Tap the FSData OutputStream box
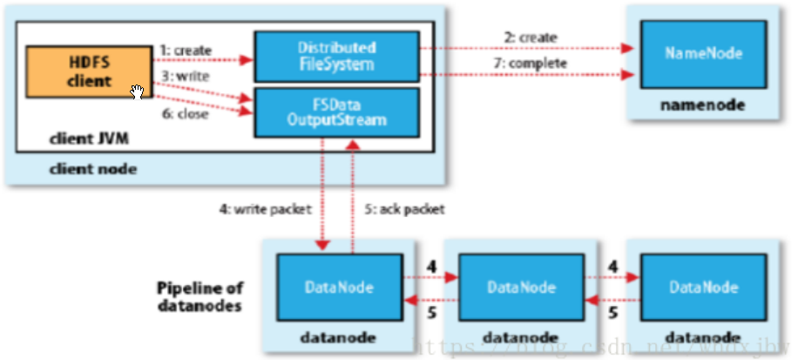(x=336, y=112)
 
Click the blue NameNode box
(x=703, y=53)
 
